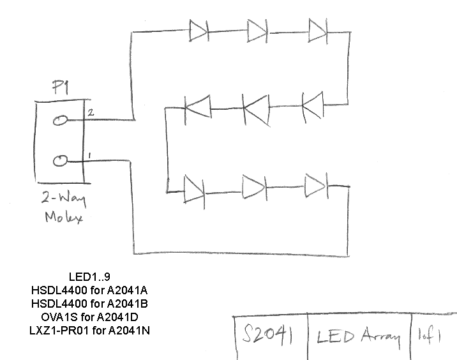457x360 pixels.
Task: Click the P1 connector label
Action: coord(61,87)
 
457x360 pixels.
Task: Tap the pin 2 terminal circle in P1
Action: coord(60,121)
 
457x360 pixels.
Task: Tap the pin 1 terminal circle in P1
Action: coord(60,161)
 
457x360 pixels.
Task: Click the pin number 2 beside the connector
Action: coord(91,112)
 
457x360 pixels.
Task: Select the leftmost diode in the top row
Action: coord(199,31)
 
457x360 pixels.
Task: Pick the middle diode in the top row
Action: coord(257,31)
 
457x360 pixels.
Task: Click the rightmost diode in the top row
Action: coord(318,31)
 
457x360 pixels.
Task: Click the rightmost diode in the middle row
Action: coord(313,107)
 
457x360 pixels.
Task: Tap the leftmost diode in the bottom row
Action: coord(195,191)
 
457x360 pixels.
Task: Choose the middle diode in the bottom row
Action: coord(255,188)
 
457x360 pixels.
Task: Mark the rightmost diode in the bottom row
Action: coord(317,186)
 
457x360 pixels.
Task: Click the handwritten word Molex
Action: coord(64,217)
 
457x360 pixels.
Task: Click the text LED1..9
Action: coord(89,276)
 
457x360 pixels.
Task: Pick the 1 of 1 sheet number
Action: coord(429,336)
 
